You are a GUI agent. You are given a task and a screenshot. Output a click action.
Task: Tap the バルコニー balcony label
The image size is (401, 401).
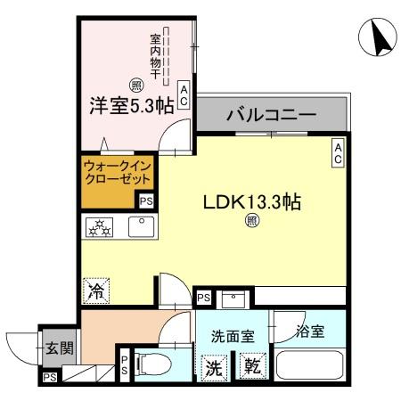[x=271, y=115]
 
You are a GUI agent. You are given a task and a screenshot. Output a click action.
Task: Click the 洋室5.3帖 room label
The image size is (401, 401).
[x=130, y=104]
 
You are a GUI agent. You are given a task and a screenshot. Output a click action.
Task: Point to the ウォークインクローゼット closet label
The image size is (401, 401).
[x=111, y=172]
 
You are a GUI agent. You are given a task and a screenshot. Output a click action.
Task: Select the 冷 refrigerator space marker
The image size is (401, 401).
[x=97, y=289]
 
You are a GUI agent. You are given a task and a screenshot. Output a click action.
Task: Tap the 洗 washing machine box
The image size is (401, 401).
[x=215, y=366]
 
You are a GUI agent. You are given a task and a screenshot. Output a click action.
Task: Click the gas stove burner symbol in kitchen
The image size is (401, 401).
[x=99, y=228]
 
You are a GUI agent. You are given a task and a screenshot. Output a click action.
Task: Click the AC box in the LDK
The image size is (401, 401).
[x=339, y=153]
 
